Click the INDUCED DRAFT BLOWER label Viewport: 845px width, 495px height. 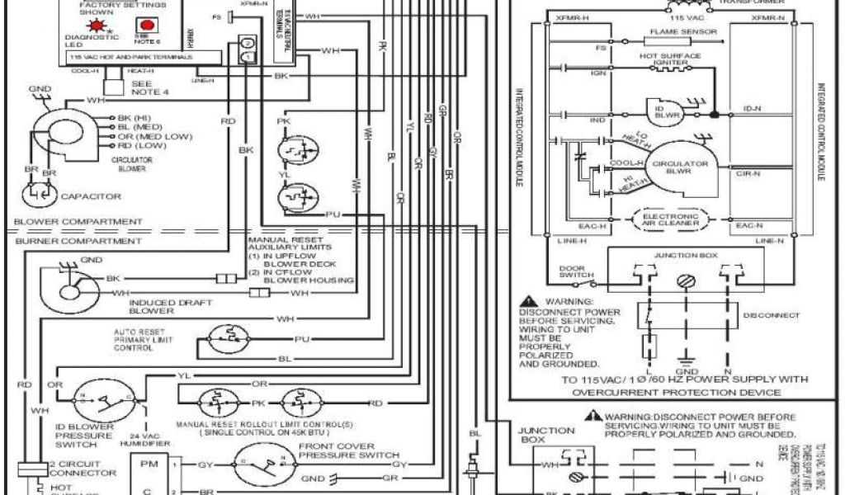164,307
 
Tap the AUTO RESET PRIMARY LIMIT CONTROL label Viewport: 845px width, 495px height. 145,338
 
